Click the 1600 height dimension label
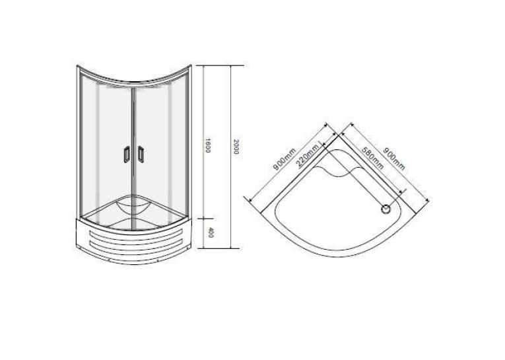pos(208,145)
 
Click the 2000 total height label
pos(236,147)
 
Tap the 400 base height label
pos(211,233)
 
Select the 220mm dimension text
pos(308,155)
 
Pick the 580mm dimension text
pos(372,159)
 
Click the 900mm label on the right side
pos(394,159)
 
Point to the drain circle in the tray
pos(386,209)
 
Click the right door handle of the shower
pos(141,154)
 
